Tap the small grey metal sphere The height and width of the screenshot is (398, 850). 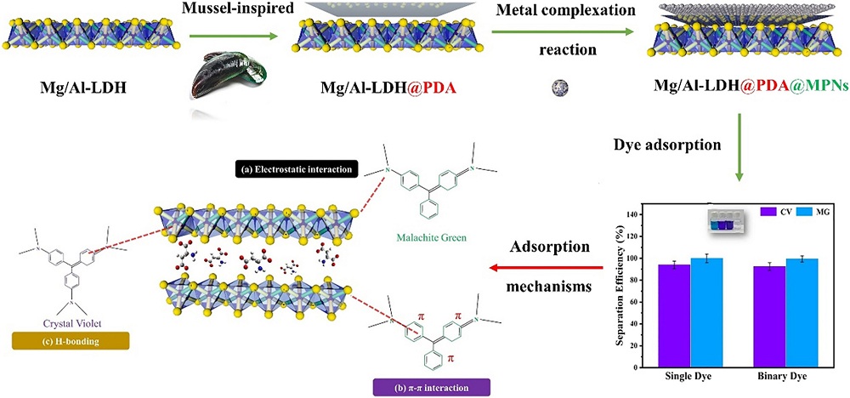[x=560, y=86]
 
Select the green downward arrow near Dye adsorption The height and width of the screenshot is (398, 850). [x=739, y=158]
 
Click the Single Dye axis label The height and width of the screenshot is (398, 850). [x=691, y=374]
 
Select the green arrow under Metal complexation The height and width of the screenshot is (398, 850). [x=564, y=31]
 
